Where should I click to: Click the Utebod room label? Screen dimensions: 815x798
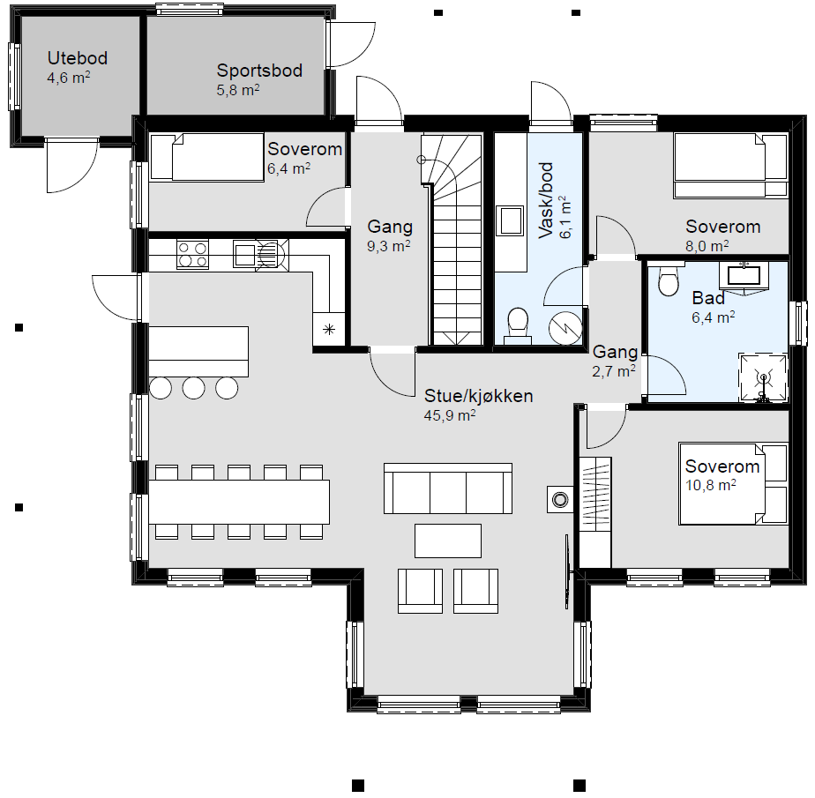(78, 57)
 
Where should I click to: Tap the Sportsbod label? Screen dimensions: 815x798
(259, 71)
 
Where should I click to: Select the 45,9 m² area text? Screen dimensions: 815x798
(450, 415)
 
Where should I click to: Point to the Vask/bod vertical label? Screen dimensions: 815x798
(546, 200)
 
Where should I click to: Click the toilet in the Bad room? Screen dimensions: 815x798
(668, 280)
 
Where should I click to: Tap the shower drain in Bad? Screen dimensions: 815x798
(763, 377)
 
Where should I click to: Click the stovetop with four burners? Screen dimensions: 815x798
(192, 254)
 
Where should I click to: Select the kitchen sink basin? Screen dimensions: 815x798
(244, 255)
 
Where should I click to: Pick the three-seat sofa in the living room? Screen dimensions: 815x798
(448, 488)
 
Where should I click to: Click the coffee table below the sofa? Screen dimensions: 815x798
(448, 541)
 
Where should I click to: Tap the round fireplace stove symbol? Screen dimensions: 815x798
(560, 500)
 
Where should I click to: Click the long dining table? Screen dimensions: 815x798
(239, 502)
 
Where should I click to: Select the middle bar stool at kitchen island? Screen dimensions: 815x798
(194, 388)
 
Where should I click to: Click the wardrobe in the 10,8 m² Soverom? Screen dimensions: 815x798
(595, 512)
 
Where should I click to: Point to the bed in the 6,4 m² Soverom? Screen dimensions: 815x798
(207, 158)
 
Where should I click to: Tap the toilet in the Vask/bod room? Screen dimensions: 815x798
(518, 325)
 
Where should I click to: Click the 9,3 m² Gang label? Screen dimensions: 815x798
(390, 235)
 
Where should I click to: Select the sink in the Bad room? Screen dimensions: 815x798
(744, 276)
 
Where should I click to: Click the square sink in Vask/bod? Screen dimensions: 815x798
(510, 220)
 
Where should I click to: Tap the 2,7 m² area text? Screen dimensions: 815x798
(614, 371)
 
